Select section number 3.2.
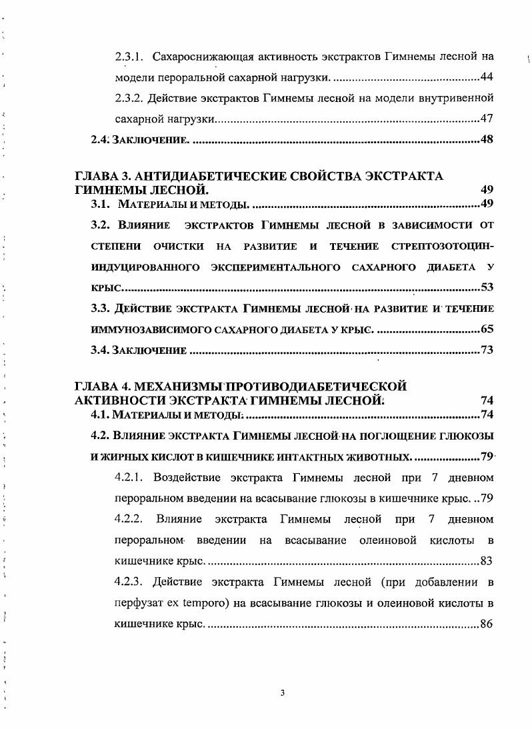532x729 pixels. coord(101,225)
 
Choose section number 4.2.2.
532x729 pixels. coord(131,518)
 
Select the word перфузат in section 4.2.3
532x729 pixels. coord(136,602)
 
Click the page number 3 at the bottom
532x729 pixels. coord(283,693)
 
